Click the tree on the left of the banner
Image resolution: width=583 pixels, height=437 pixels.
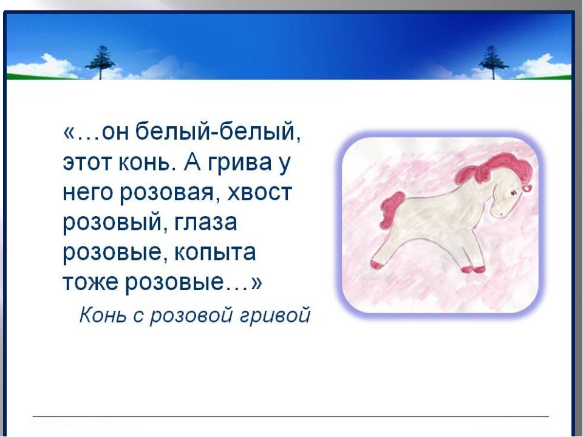pos(100,62)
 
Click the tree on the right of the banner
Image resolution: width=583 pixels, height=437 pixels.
pos(493,62)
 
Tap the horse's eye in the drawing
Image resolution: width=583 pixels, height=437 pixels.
pos(513,192)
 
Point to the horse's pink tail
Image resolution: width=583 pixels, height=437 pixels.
pos(392,209)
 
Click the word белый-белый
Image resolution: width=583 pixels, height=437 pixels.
pos(217,132)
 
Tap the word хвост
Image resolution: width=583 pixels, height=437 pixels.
pos(259,193)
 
